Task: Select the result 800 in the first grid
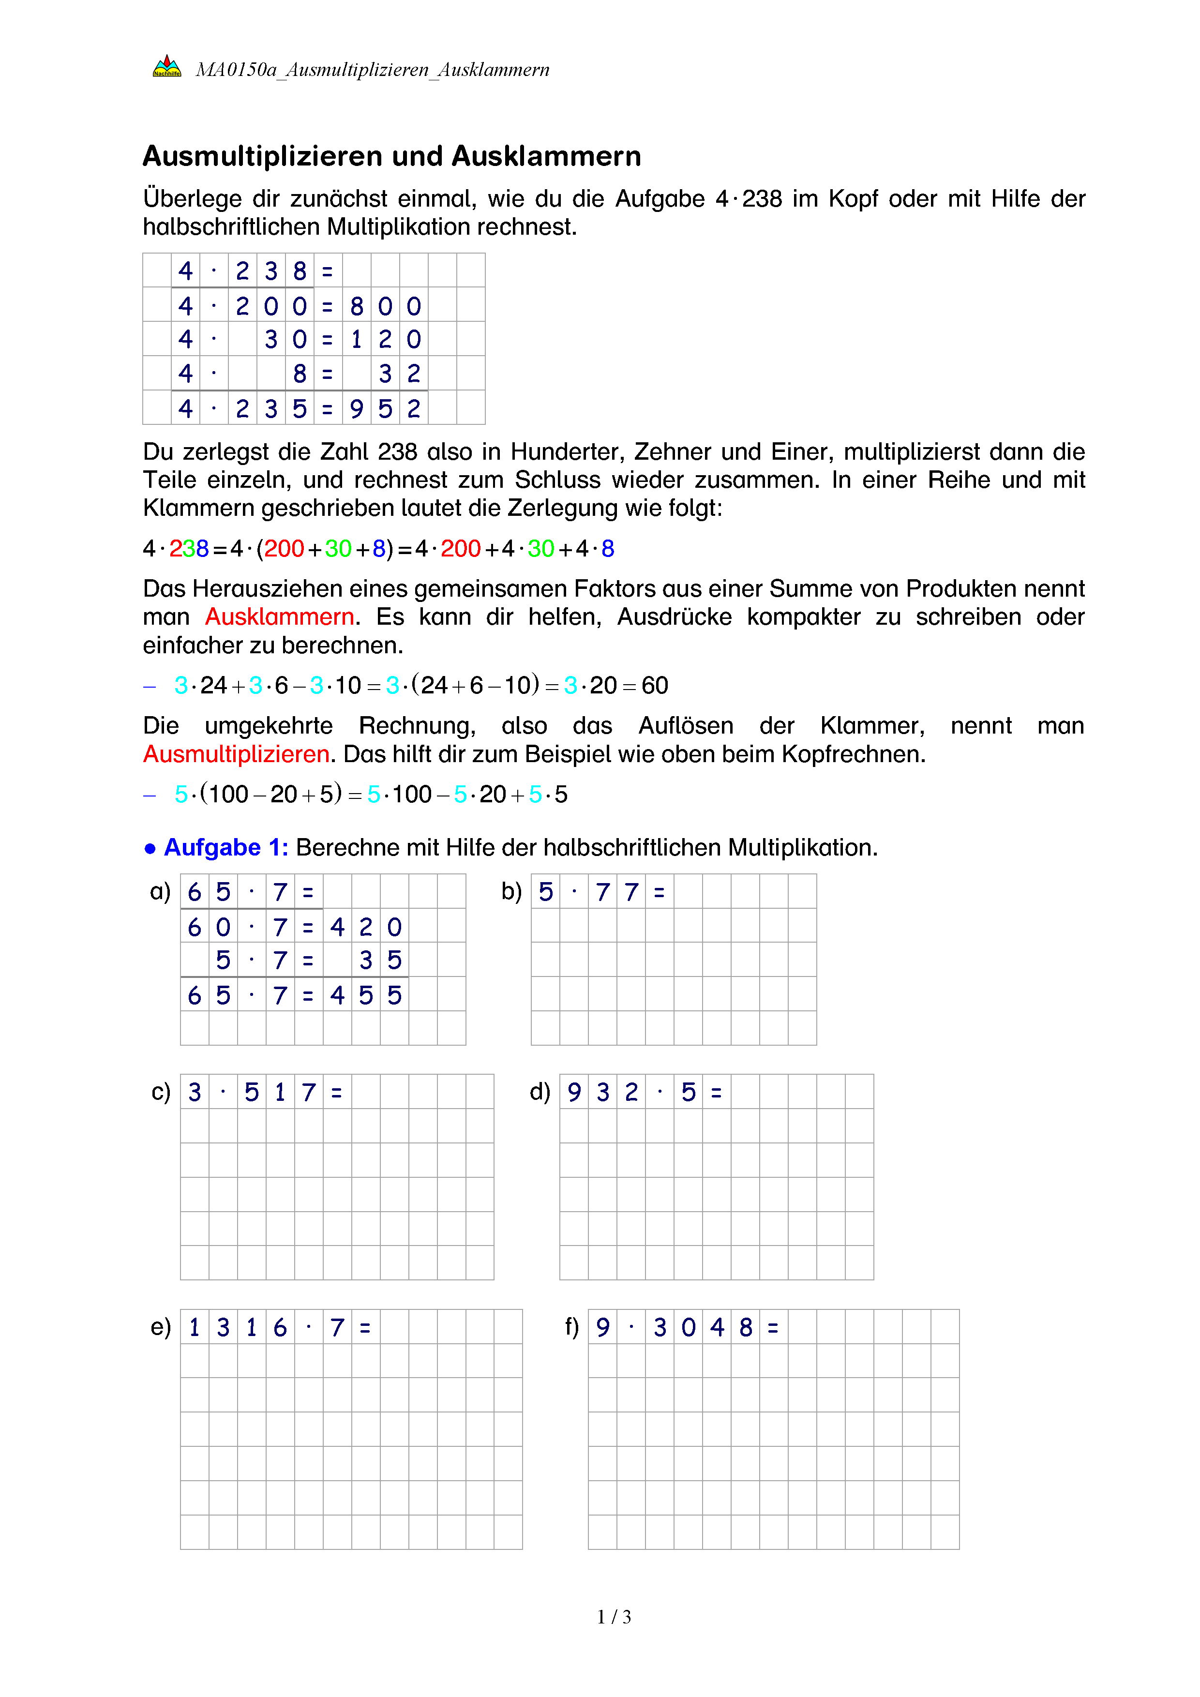coord(385,306)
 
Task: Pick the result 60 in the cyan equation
coord(655,686)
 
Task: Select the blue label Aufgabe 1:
coord(226,847)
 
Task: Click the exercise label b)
coord(511,891)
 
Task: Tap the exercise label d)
coord(540,1092)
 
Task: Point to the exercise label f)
coord(571,1327)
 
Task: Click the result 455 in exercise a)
coord(366,995)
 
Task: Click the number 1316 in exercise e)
coord(237,1327)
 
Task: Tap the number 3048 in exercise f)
coord(703,1327)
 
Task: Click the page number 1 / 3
coord(614,1617)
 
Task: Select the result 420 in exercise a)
coord(366,927)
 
